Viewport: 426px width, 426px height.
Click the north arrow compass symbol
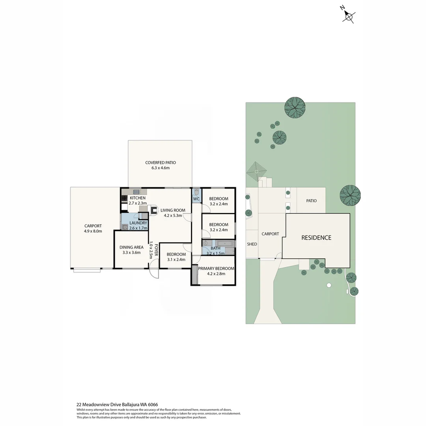pos(349,16)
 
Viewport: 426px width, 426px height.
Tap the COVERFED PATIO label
pos(160,163)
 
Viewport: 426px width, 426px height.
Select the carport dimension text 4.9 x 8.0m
pos(93,231)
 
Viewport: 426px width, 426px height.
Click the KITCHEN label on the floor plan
pos(138,198)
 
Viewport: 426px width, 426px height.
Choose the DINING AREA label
pos(131,247)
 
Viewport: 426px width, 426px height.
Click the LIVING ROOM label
pos(173,210)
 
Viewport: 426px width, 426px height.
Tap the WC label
pos(196,199)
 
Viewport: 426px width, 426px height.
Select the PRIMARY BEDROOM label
pos(216,268)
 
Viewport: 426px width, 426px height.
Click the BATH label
pos(215,248)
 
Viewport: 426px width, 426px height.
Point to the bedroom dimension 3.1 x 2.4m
pos(176,260)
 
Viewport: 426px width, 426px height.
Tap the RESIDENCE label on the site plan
pos(316,238)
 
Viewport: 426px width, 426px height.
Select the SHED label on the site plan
pos(252,244)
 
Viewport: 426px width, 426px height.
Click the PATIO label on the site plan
pos(311,201)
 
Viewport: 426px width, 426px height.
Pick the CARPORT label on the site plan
pos(270,234)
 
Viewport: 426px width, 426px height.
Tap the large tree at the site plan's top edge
pos(295,107)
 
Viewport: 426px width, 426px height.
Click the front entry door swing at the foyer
pos(154,273)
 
